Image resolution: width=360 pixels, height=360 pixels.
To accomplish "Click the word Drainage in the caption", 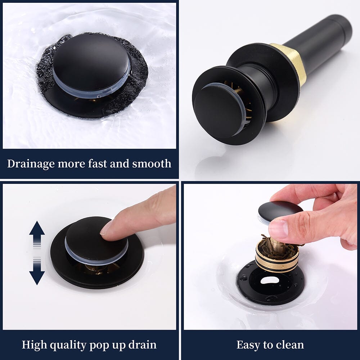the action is [x=31, y=164].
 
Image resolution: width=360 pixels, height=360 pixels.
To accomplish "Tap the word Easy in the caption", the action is [x=249, y=345].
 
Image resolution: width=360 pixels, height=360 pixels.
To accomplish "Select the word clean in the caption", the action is [x=290, y=345].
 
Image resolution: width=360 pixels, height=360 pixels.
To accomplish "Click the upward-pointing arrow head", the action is [x=37, y=228].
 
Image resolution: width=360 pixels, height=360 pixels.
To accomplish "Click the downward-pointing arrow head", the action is [x=37, y=278].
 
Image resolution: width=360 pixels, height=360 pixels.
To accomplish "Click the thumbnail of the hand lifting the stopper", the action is [x=278, y=229].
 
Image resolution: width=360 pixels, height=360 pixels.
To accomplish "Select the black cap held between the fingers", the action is [x=280, y=210].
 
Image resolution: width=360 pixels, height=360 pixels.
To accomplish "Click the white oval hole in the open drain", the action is [x=270, y=280].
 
